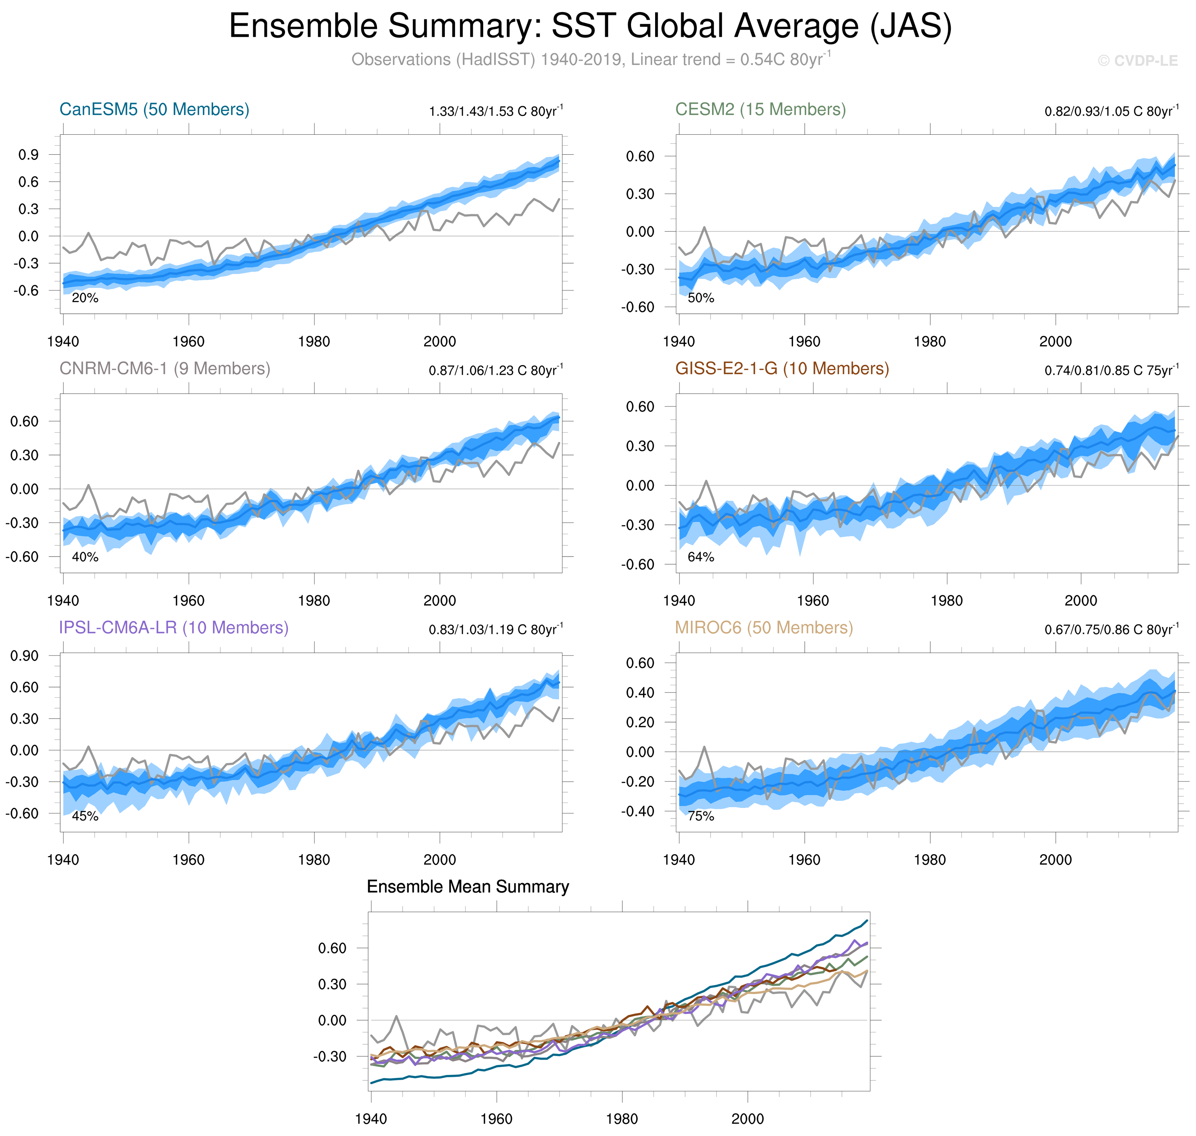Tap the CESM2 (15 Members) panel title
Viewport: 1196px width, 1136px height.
(x=760, y=109)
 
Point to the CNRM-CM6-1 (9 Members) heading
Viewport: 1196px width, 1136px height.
(x=165, y=369)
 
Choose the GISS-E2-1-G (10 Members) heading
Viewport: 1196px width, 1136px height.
(x=782, y=369)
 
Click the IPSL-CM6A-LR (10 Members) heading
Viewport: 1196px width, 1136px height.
(x=174, y=628)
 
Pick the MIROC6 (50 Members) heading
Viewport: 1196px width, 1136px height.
(x=764, y=628)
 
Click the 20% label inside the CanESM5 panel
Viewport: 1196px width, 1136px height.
(x=85, y=298)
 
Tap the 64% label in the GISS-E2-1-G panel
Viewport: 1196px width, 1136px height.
(x=701, y=557)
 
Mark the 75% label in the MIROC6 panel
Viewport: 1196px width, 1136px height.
(x=701, y=816)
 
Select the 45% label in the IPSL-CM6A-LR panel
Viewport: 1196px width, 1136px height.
(x=85, y=816)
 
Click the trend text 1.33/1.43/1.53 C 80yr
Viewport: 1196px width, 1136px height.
(x=495, y=111)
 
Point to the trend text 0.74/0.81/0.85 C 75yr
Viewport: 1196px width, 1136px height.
(x=1111, y=371)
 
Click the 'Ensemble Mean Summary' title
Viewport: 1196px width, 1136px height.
(x=468, y=887)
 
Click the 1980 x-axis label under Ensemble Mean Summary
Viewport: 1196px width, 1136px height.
(x=622, y=1119)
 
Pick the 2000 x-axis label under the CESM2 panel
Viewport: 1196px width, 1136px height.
(x=1055, y=342)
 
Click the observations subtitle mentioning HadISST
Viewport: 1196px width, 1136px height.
(x=591, y=60)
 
